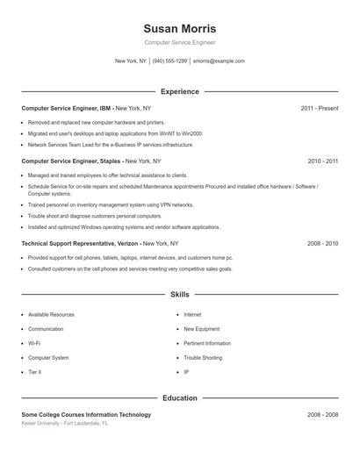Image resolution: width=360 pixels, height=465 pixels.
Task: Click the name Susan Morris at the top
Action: click(179, 28)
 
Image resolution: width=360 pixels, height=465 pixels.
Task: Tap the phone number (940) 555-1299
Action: click(169, 61)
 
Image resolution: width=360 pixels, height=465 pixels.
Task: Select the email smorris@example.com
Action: click(219, 61)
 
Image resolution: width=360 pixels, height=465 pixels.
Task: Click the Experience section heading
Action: click(179, 91)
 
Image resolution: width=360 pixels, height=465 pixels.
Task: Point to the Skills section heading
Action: click(179, 295)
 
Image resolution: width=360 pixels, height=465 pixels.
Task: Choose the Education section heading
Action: click(179, 398)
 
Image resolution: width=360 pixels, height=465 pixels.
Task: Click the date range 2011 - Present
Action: click(319, 108)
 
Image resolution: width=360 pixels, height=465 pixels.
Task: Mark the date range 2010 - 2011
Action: click(322, 161)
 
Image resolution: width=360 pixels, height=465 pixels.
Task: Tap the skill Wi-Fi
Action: click(34, 343)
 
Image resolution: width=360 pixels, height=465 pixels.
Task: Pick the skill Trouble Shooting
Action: click(203, 358)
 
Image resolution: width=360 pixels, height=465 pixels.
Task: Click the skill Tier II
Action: click(34, 372)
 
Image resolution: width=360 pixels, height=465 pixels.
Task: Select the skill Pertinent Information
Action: click(207, 343)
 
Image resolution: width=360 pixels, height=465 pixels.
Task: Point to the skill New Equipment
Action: click(202, 329)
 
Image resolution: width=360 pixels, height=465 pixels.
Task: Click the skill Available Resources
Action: click(51, 314)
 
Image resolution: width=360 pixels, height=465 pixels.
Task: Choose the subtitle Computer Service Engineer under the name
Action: click(179, 42)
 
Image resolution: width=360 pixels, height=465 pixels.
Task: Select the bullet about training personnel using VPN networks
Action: click(111, 204)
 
